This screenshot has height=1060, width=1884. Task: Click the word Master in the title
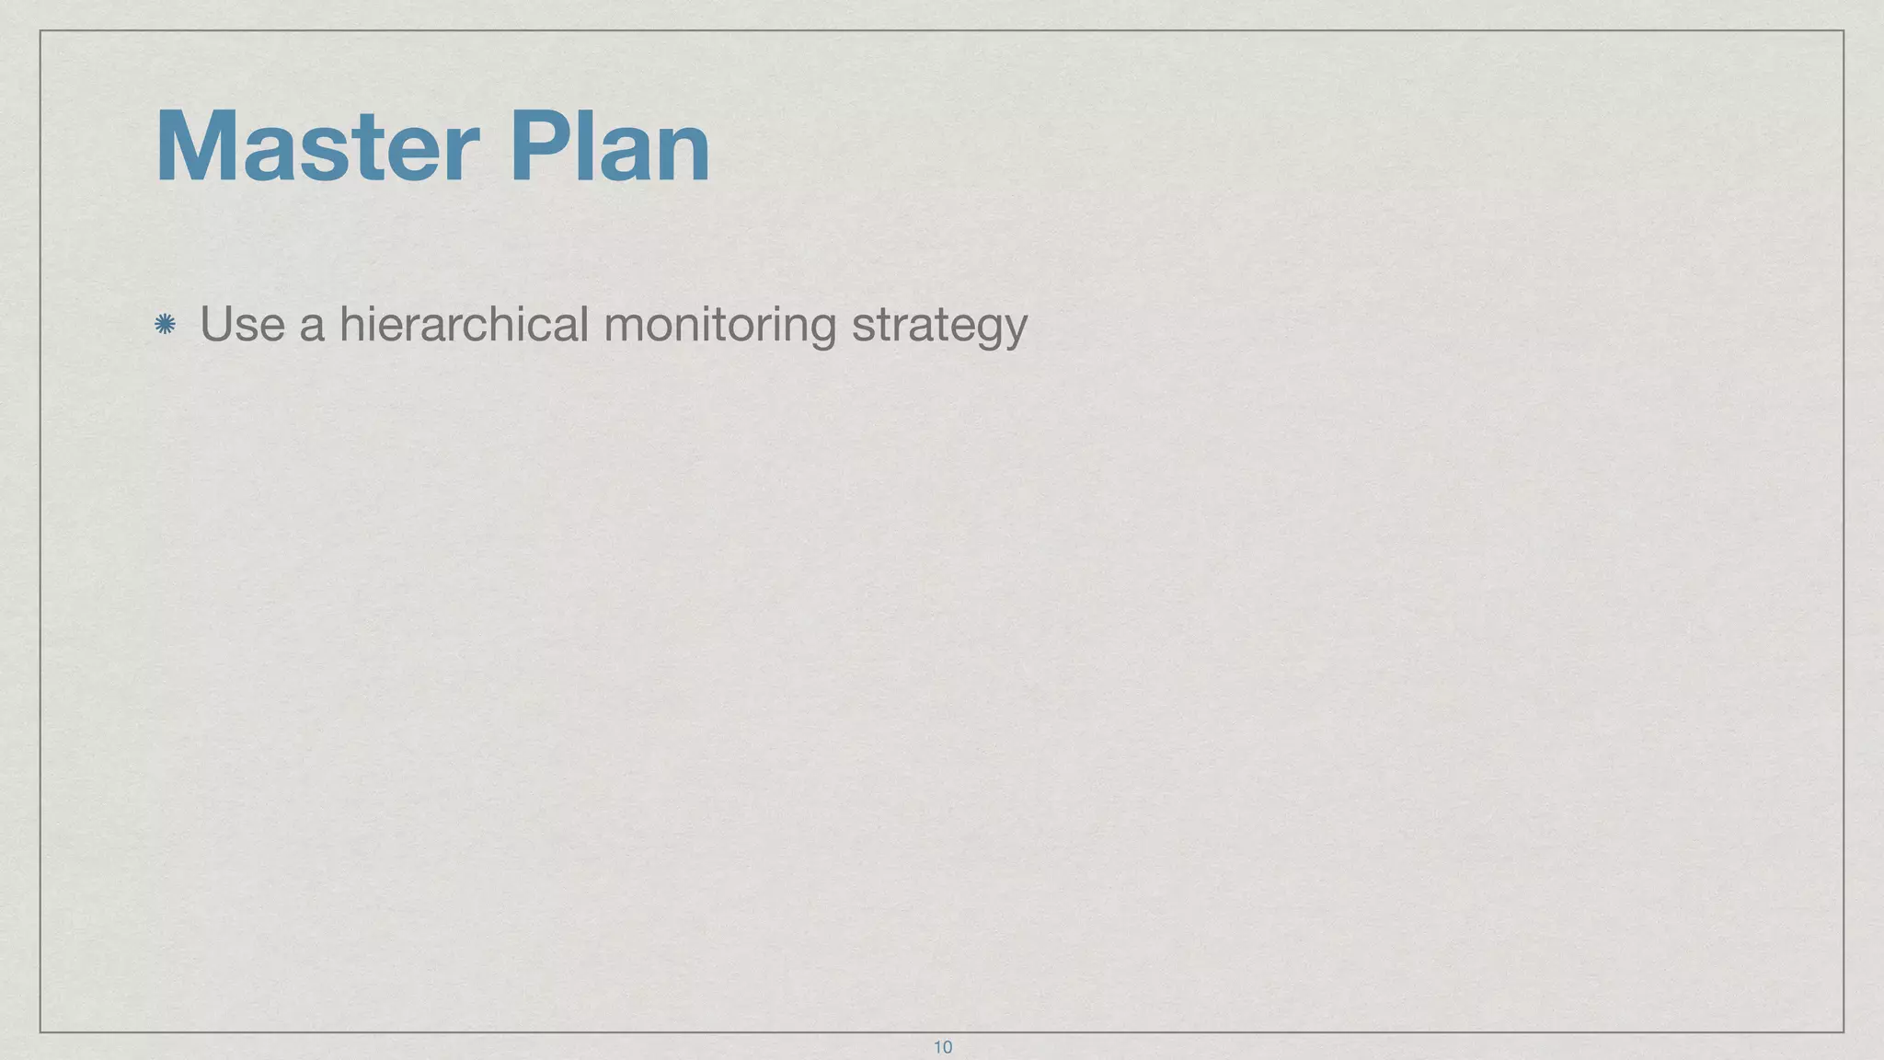point(317,147)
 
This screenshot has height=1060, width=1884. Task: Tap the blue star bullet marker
point(166,324)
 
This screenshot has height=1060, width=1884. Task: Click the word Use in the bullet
point(242,324)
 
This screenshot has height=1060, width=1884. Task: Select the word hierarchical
point(464,324)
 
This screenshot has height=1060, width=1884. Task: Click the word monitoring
point(719,326)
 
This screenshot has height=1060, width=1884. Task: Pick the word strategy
point(939,326)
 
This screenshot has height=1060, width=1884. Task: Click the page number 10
point(943,1047)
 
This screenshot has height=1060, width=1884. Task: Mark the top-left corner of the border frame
point(40,30)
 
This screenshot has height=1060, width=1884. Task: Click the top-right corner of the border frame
point(1844,30)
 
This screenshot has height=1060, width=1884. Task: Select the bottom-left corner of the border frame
point(40,1031)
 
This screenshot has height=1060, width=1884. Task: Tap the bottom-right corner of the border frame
point(1844,1031)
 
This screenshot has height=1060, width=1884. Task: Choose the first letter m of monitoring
point(621,328)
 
